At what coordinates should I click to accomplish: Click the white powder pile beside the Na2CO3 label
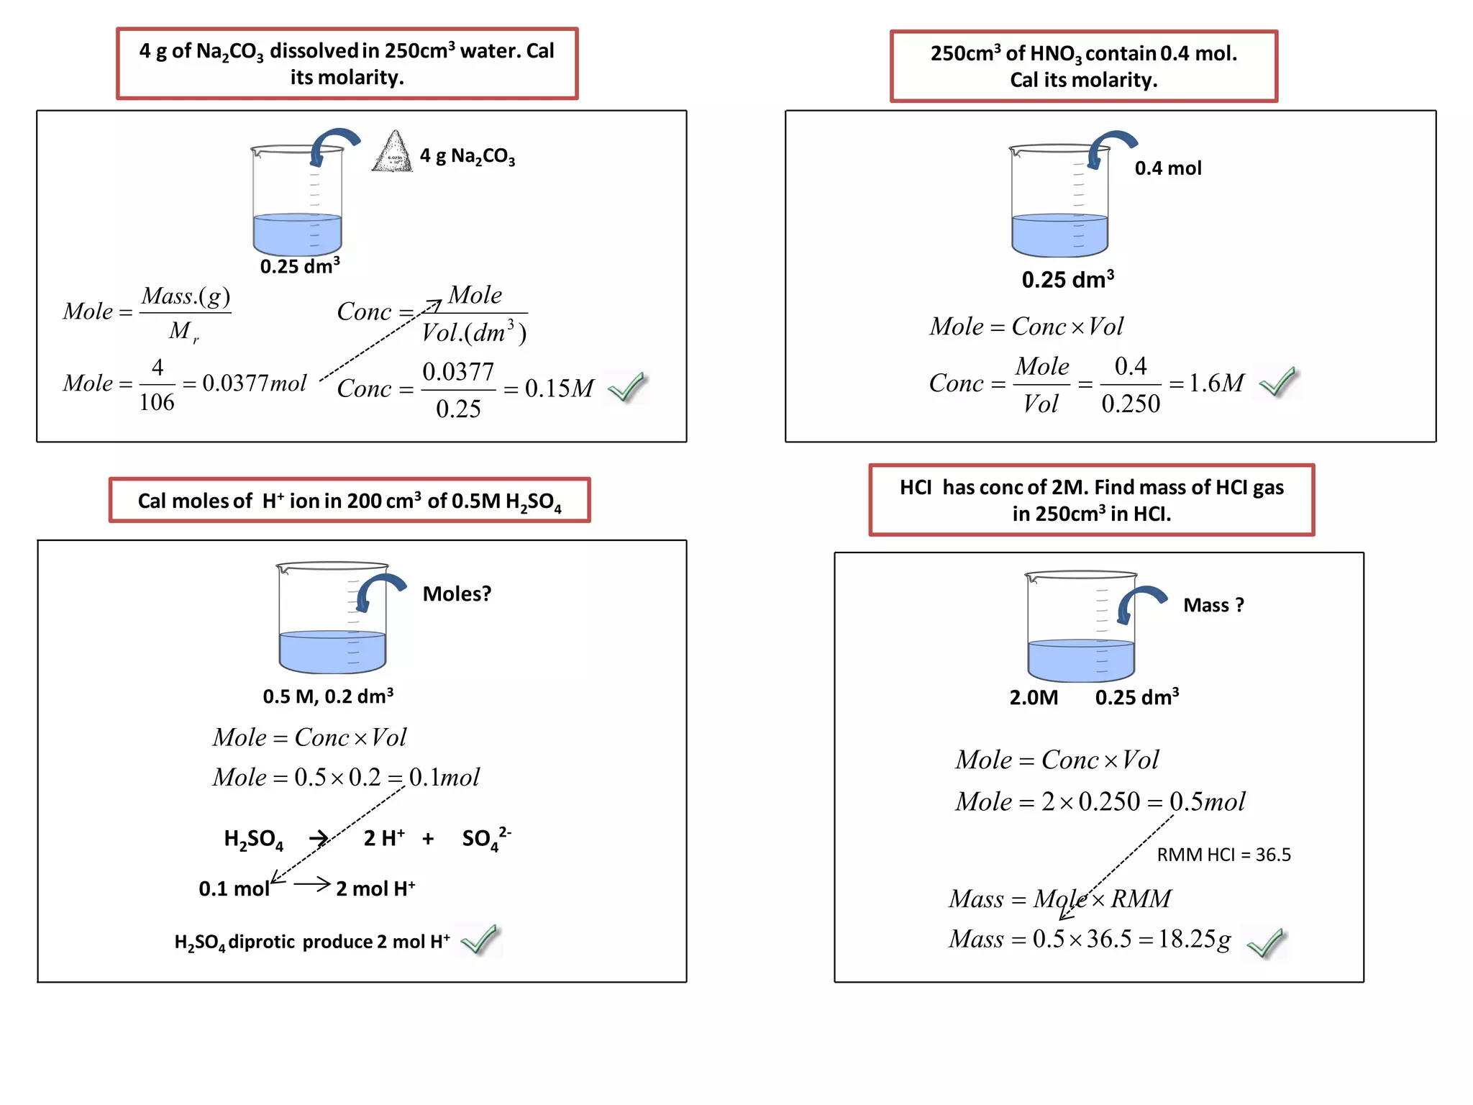click(393, 153)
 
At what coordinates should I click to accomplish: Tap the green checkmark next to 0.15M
click(627, 387)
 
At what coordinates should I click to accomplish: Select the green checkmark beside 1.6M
click(1279, 381)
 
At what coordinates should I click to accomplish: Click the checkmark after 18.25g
click(1266, 943)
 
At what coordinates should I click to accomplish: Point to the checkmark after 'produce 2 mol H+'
click(480, 940)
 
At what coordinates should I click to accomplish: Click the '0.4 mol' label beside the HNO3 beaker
click(1168, 168)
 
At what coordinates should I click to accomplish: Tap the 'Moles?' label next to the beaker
click(457, 594)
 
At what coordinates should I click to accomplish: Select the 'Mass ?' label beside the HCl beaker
click(1213, 606)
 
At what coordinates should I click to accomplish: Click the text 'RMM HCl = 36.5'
click(1223, 855)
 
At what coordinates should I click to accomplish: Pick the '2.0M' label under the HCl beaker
click(1034, 698)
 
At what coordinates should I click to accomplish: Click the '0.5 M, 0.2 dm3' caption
click(328, 696)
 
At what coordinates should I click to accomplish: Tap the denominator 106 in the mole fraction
click(157, 402)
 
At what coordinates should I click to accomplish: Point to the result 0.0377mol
click(254, 383)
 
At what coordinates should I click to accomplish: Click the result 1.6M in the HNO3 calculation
click(1216, 383)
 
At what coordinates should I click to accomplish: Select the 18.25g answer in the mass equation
click(1195, 939)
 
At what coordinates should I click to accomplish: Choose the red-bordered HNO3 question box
click(1083, 66)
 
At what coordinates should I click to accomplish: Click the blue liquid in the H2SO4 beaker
click(332, 650)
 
